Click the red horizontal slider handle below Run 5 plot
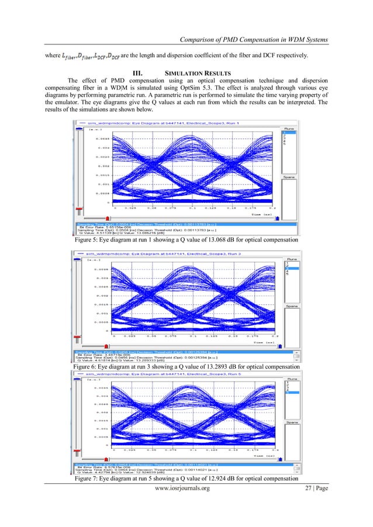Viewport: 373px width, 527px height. click(278, 462)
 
